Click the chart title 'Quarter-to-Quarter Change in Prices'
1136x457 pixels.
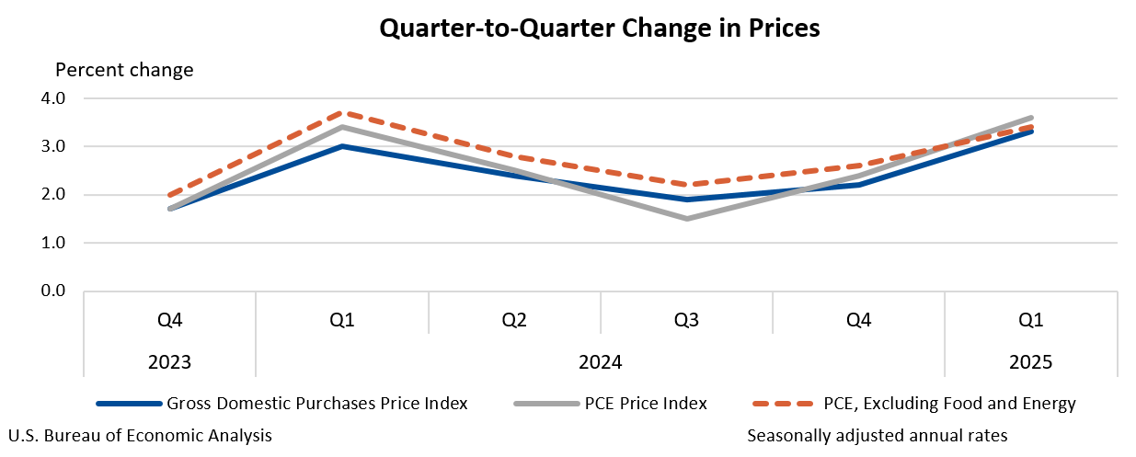click(x=600, y=29)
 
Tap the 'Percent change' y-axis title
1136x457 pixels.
click(x=124, y=70)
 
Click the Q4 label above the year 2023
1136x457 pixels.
click(x=169, y=320)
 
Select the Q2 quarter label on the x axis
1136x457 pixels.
click(x=514, y=320)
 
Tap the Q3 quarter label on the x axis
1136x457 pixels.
click(x=686, y=320)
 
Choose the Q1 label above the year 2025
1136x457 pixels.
click(x=1031, y=320)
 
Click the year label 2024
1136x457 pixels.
click(x=600, y=362)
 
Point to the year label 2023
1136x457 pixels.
click(x=169, y=362)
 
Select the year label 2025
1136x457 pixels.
click(x=1031, y=362)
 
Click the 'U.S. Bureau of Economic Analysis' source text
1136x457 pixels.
click(x=140, y=435)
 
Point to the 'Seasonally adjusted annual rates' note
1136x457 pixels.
click(x=878, y=435)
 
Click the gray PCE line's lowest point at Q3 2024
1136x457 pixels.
click(x=687, y=219)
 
